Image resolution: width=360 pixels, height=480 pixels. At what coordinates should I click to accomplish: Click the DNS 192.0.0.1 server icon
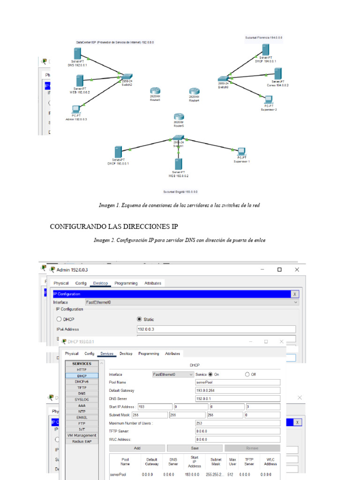point(77,53)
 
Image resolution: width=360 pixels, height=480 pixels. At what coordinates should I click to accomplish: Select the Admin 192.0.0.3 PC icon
point(75,109)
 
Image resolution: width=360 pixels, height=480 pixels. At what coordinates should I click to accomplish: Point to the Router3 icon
point(155,91)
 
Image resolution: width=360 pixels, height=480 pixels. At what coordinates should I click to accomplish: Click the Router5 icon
point(178,117)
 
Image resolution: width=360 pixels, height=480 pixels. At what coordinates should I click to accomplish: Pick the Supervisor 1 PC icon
point(241,151)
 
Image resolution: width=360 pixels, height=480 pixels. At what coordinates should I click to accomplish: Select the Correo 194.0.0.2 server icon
point(277,74)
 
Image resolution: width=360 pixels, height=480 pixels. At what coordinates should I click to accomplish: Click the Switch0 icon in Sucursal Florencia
point(223,80)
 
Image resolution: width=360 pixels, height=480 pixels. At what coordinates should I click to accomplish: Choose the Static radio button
point(139,319)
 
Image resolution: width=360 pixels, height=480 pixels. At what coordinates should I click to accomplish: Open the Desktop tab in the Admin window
point(100,283)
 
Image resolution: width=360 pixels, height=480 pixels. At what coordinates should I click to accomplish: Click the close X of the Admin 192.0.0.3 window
point(297,270)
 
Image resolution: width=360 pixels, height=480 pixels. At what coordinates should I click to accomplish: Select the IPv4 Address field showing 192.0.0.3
point(216,329)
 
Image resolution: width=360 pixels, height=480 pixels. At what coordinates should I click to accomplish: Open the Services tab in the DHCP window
point(107,353)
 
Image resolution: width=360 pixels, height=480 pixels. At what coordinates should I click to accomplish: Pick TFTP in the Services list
point(82,388)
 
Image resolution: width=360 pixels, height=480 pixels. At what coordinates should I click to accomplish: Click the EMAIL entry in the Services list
point(82,417)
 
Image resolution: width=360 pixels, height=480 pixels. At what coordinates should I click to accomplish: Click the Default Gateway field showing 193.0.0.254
point(238,390)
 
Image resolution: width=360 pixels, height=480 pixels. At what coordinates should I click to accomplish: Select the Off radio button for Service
point(247,375)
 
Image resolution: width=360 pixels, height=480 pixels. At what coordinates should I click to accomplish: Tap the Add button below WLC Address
point(137,448)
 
